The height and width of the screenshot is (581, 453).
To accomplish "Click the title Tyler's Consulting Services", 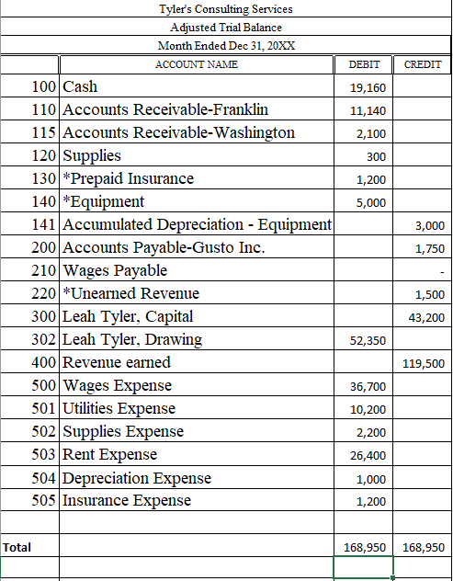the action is pos(226,9).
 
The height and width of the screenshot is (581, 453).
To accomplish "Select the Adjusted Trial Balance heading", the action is pos(226,28).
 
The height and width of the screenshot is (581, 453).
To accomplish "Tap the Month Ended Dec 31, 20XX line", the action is pos(226,46).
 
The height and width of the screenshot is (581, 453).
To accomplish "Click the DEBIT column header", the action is pos(365,64).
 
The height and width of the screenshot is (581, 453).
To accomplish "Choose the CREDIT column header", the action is pos(422,64).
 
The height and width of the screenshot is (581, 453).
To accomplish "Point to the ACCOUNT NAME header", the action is pos(196,64).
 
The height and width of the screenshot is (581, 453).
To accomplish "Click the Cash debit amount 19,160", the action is pos(368,88).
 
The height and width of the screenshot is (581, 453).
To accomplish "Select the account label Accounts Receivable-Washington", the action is pos(178,132).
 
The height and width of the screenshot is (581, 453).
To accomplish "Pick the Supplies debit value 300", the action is pos(375,157).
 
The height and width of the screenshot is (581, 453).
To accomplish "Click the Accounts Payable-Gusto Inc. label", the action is pos(164,247).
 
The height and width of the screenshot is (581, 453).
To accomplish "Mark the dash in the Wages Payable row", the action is pos(442,272).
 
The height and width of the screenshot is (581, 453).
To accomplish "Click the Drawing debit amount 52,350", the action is pos(368,341).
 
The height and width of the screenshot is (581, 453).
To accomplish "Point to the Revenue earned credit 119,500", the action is pos(425,364).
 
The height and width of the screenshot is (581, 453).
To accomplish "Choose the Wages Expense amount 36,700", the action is pos(368,387).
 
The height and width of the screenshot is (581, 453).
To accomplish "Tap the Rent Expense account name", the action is pos(109,454).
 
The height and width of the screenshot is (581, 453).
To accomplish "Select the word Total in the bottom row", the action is pos(17,547).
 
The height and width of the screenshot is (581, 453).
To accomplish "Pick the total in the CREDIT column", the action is pos(425,547).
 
